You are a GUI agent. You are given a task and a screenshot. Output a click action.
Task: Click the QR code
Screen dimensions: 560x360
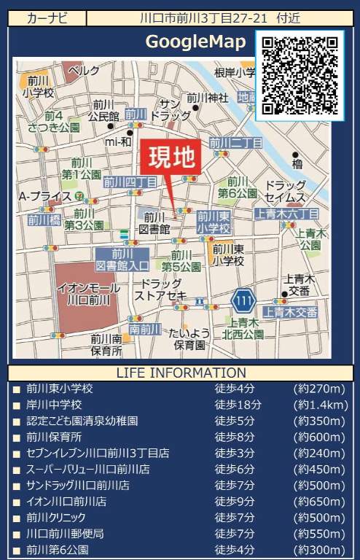tap(300, 76)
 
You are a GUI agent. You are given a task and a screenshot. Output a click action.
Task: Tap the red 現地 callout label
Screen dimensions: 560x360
tap(173, 156)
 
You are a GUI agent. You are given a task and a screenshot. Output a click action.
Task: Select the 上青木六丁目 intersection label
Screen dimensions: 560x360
tap(287, 214)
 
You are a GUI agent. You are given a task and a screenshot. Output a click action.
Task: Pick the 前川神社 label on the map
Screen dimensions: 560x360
tap(208, 98)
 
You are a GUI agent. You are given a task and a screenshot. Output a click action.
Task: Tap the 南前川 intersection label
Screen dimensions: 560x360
tap(144, 329)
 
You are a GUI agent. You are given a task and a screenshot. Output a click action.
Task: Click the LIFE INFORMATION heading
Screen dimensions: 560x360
tap(179, 373)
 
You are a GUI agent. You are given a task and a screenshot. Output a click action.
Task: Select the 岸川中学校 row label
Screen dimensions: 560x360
tap(54, 405)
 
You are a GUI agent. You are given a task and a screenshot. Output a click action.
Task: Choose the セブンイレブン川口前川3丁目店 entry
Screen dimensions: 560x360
tap(98, 453)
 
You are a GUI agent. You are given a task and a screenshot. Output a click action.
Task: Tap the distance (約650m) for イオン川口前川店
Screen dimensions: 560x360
tap(318, 501)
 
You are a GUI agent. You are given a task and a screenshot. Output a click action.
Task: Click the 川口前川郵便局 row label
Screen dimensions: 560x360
tap(65, 533)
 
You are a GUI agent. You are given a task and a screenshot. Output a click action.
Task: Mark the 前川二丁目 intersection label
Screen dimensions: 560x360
tap(235, 143)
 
